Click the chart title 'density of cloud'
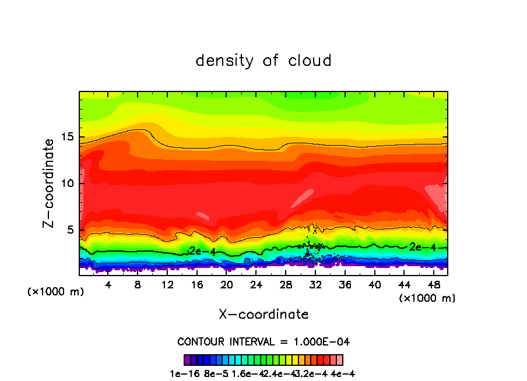[263, 61]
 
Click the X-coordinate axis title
[263, 315]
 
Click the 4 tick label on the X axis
[108, 285]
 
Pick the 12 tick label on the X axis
[167, 285]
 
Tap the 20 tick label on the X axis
[226, 285]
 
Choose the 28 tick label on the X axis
[286, 285]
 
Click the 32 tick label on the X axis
[315, 285]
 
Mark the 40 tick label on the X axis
[374, 285]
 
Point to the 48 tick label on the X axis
[433, 285]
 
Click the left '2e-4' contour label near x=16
[202, 251]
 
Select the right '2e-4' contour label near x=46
[422, 247]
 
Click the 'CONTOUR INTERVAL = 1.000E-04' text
[263, 341]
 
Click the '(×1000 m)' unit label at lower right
[427, 298]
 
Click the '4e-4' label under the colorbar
[343, 373]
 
